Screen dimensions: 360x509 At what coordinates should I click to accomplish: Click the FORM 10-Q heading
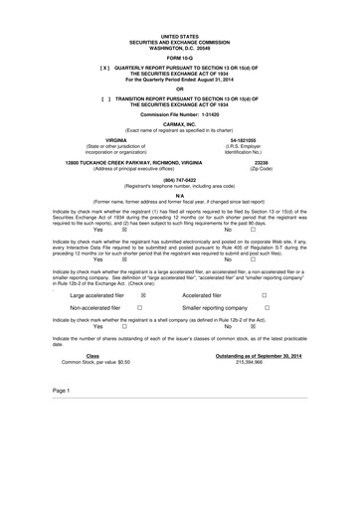click(180, 59)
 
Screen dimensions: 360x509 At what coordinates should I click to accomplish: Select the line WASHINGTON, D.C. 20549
click(180, 48)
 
